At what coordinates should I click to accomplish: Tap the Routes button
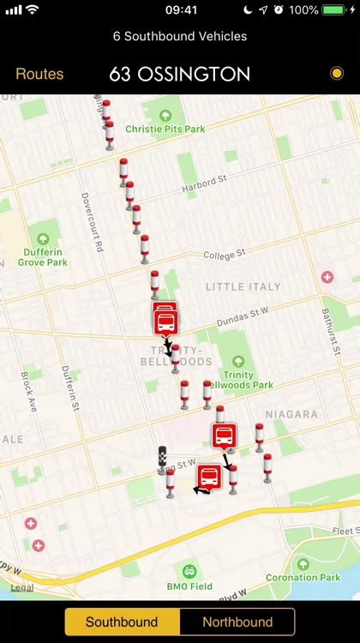pos(39,75)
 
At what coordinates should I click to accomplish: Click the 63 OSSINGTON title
pos(180,75)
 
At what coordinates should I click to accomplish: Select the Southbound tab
pos(122,622)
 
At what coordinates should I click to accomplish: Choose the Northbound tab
pos(237,622)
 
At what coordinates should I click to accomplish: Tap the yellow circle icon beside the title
pos(336,74)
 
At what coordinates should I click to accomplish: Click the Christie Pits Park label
pos(165,129)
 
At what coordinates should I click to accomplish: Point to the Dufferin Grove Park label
pos(43,256)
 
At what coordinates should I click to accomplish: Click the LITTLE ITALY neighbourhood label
pos(243,286)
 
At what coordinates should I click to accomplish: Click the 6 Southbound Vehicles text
pos(180,36)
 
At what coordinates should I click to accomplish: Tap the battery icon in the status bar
pos(335,9)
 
